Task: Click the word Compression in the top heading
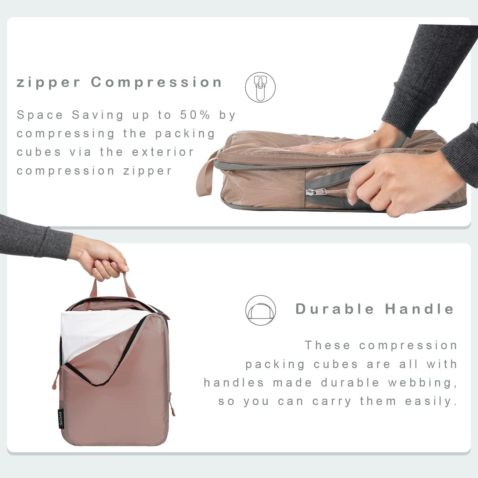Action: [x=156, y=82]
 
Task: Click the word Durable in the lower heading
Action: [x=335, y=309]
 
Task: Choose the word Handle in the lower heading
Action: [x=419, y=309]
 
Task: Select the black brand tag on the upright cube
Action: [x=61, y=419]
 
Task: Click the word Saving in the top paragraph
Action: [x=98, y=115]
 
